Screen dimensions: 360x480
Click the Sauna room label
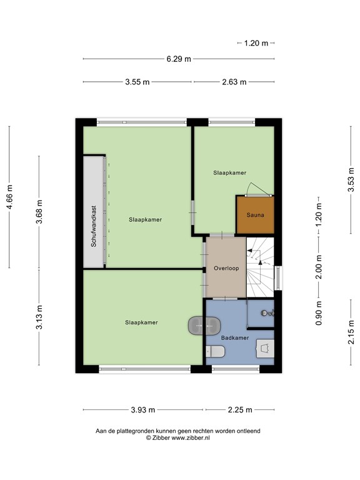(x=255, y=215)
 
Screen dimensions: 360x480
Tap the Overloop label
(x=226, y=268)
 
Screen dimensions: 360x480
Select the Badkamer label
(x=235, y=338)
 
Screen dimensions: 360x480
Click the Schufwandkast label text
(x=94, y=226)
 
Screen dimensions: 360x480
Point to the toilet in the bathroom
(x=215, y=352)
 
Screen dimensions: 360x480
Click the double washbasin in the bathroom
(x=204, y=326)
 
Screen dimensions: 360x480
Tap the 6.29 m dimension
(x=179, y=59)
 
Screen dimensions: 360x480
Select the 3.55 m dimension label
(x=137, y=82)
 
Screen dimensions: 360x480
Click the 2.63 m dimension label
(x=234, y=82)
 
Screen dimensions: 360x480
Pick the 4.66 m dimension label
(x=10, y=197)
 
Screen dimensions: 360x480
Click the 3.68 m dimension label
(x=39, y=211)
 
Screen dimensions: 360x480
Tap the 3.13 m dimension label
(x=39, y=317)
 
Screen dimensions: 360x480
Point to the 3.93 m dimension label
(x=143, y=410)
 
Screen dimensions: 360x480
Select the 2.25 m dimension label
(x=240, y=410)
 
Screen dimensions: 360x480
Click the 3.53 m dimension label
(x=351, y=180)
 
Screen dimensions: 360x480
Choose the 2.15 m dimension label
(x=351, y=332)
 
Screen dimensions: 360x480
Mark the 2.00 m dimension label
(x=319, y=267)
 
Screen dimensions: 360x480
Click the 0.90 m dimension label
(x=319, y=313)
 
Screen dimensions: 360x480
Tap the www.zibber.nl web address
(x=191, y=437)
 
